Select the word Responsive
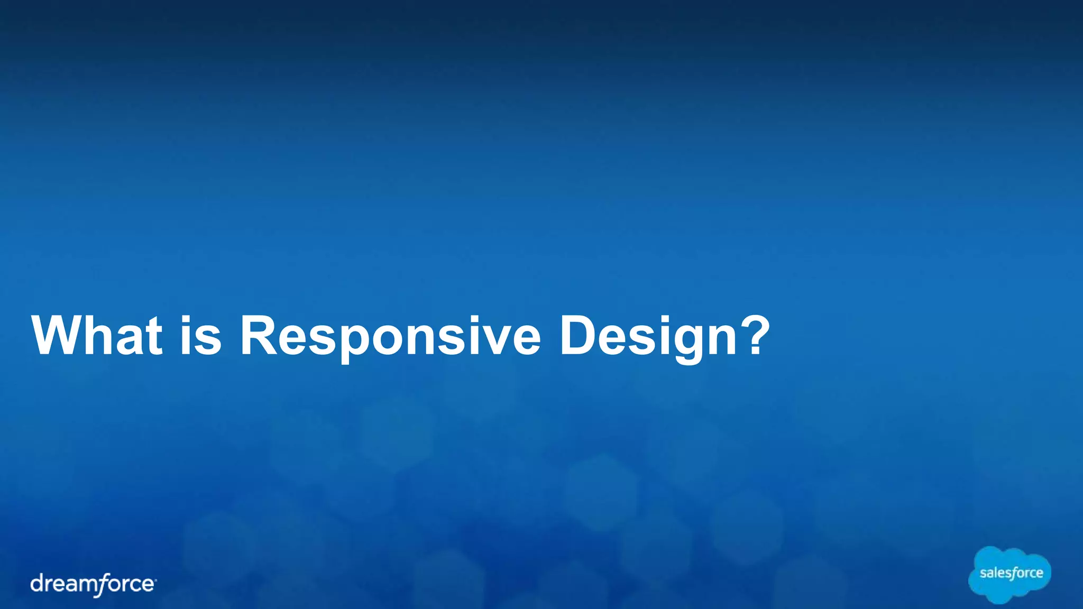click(x=390, y=337)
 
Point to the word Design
click(x=647, y=337)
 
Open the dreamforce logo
click(x=93, y=584)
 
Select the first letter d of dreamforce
click(x=37, y=583)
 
